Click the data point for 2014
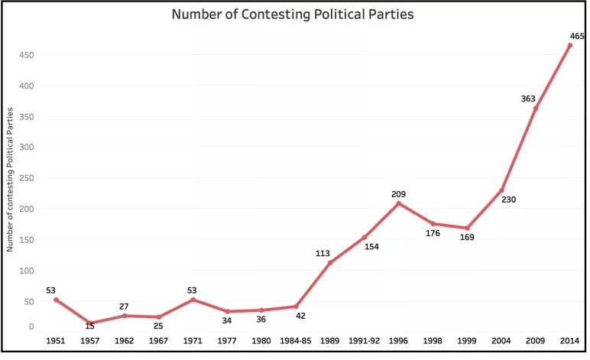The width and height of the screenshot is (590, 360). coord(570,45)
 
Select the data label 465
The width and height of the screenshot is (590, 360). coord(577,36)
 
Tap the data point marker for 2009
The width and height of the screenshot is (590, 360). coord(536,109)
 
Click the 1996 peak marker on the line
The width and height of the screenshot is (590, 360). coord(398,203)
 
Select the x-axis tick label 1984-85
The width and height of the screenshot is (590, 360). coord(295,339)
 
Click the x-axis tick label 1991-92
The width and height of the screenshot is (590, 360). coord(364,339)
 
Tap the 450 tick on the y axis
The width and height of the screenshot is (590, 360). coord(26,54)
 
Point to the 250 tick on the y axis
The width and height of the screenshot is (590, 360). coord(26,177)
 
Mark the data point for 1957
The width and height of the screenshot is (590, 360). coord(89,323)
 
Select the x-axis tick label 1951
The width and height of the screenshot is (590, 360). coord(55,339)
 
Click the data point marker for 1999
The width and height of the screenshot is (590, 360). coord(467,228)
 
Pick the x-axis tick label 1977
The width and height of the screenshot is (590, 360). coord(226,339)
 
